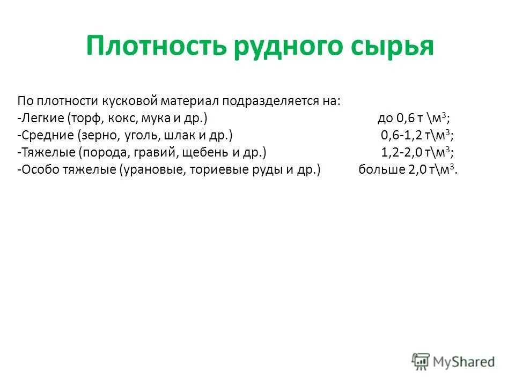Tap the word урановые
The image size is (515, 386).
[x=156, y=169]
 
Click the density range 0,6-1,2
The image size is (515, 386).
[x=401, y=135]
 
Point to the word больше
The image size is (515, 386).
[x=377, y=169]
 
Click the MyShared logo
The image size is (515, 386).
[x=453, y=361]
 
